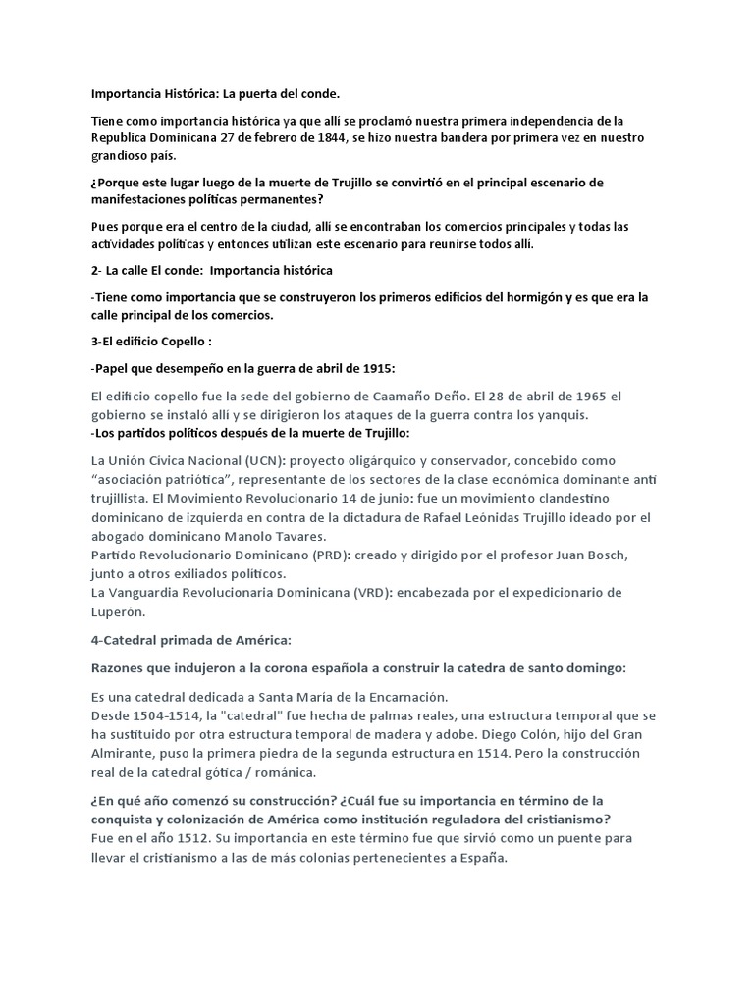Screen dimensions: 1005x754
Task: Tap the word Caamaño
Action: coord(424,397)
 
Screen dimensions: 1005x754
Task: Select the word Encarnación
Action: coord(400,696)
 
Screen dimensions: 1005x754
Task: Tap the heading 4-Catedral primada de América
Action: coord(190,640)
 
